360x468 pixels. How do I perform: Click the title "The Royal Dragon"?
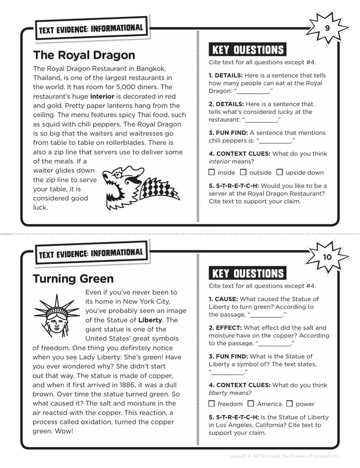tap(84, 55)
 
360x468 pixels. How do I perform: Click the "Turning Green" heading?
tap(72, 278)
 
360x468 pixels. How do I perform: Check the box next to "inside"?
tap(212, 172)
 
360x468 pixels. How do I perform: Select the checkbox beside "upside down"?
tap(280, 172)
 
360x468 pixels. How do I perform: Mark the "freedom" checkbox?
tap(212, 403)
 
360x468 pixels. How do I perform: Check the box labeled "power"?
tap(289, 403)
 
